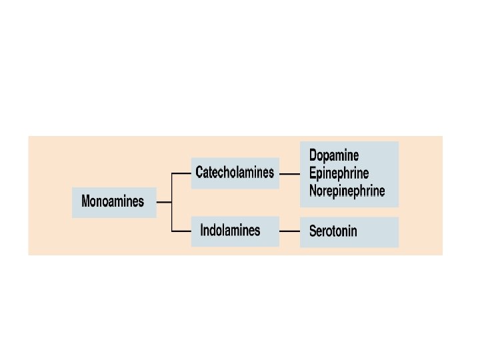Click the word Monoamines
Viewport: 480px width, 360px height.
coord(113,201)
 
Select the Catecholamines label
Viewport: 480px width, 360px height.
coord(235,173)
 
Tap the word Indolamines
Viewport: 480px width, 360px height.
coord(230,231)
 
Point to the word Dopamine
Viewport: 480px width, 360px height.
coord(334,155)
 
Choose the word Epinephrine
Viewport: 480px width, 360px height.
coord(339,173)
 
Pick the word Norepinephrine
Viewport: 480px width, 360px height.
coord(347,191)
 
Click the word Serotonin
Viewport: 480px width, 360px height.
coord(333,232)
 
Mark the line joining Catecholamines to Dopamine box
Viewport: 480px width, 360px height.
coord(289,173)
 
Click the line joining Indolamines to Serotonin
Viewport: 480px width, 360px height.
coord(289,231)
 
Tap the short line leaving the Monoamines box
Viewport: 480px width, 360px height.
coord(164,202)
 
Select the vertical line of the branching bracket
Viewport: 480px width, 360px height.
coord(172,202)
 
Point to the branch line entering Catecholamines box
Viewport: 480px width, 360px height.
coord(181,173)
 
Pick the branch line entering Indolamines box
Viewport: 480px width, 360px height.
coord(181,231)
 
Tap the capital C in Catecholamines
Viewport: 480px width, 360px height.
coord(199,173)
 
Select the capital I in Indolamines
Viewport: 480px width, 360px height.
coord(202,231)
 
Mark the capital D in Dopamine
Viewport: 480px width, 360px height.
coord(313,155)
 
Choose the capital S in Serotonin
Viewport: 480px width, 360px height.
coord(313,232)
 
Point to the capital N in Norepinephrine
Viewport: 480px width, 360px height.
coord(313,191)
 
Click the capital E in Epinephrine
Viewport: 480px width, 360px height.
coord(313,173)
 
